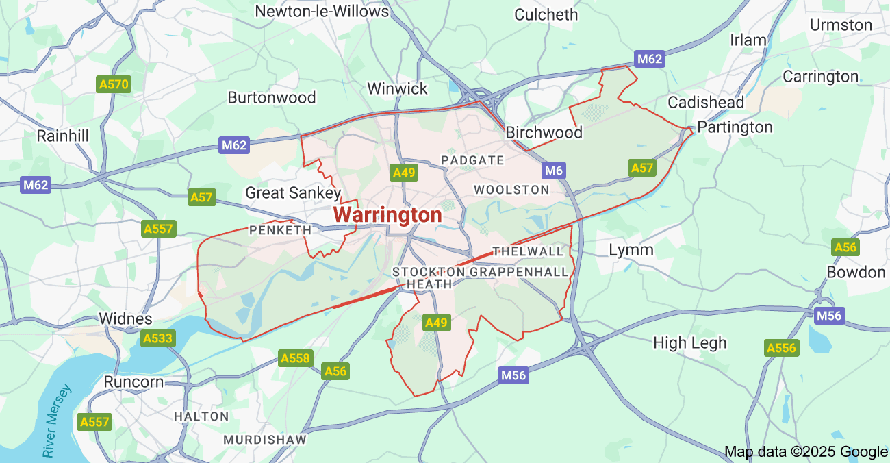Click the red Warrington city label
pos(387,215)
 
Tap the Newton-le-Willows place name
pos(322,12)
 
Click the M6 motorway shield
pos(553,170)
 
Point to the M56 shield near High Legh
pos(830,316)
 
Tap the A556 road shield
pos(782,348)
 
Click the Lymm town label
pos(631,249)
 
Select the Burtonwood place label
pos(272,97)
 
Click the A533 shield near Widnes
pos(158,338)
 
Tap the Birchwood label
pos(544,133)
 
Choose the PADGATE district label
pos(472,160)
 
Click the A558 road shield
pos(296,358)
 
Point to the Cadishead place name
pos(706,103)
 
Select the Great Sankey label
pos(293,193)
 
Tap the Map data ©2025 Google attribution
pos(806,451)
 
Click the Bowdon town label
pos(856,273)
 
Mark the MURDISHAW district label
pos(265,439)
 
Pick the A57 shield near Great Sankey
pos(202,198)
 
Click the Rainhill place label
pos(63,136)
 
